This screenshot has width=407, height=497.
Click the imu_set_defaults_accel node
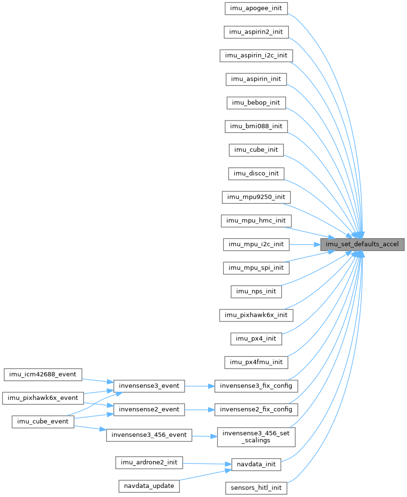tap(363, 244)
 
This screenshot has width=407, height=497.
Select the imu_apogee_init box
tap(256, 9)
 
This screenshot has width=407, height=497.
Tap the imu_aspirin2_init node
tap(256, 32)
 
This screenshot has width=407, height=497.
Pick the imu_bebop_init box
tap(256, 103)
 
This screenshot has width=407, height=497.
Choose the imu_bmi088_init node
tap(256, 126)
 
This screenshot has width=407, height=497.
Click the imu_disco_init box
tap(256, 173)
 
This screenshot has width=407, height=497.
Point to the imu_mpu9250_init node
tap(256, 197)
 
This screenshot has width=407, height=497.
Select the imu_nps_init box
tap(256, 291)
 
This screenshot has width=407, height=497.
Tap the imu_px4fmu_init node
tap(256, 362)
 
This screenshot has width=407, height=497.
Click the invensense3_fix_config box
tap(256, 386)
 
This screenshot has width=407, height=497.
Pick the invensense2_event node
tap(149, 409)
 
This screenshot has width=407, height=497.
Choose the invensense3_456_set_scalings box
tap(256, 436)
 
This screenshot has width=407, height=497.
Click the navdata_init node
tap(256, 464)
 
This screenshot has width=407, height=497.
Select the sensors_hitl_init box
tap(256, 488)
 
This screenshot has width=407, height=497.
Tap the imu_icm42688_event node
tap(43, 374)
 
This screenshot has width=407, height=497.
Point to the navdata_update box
tap(149, 486)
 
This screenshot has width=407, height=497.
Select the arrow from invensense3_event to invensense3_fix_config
tap(199, 386)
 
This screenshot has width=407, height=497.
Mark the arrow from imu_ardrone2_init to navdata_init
tap(206, 464)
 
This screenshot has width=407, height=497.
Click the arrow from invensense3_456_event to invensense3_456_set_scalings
tap(204, 436)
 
